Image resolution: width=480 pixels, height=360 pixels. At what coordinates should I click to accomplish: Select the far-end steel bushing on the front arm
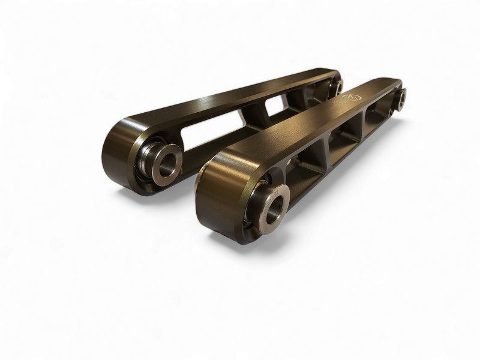click(400, 97)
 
